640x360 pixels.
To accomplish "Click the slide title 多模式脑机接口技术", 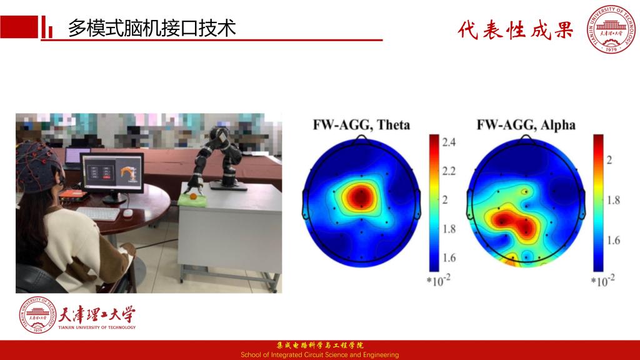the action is (152, 28).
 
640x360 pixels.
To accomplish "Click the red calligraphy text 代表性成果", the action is (516, 30).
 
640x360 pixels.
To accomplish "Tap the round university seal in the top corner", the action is (611, 29).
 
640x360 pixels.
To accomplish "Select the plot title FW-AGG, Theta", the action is (361, 124).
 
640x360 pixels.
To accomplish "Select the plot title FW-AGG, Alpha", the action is (526, 124).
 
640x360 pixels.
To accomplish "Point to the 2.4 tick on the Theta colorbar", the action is (449, 142).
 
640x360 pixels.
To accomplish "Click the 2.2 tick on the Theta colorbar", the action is (449, 171).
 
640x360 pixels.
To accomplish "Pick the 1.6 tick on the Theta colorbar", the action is (449, 258).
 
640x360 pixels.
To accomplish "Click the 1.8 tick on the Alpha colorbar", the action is (613, 200).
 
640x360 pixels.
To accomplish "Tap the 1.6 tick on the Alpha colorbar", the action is (613, 241).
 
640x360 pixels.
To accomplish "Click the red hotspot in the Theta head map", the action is (361, 197).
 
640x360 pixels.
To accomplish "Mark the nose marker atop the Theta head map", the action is (361, 138).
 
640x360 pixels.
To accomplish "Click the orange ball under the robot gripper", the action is (193, 196).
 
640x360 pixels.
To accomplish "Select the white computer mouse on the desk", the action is (127, 212).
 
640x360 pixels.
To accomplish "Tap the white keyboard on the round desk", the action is (98, 214).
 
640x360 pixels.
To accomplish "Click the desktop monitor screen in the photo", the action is (112, 172).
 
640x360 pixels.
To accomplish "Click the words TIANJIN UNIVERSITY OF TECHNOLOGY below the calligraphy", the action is (97, 327).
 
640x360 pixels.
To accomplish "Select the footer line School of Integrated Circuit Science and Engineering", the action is (319, 355).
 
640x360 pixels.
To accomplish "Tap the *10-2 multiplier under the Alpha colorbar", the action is (602, 281).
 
